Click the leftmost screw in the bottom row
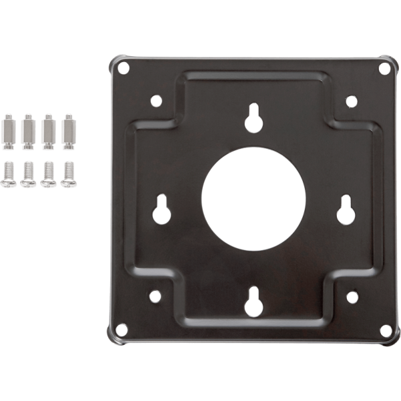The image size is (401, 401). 9,174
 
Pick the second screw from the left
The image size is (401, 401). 28,174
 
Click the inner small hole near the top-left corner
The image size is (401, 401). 156,101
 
